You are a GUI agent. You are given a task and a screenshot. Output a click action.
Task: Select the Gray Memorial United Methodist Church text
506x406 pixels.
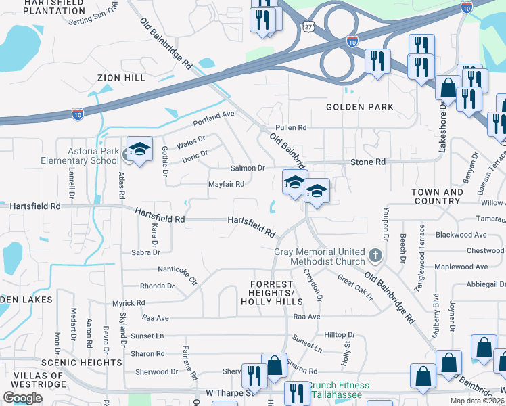(x=319, y=256)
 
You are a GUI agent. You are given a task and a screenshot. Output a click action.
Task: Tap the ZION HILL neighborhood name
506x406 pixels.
(x=121, y=78)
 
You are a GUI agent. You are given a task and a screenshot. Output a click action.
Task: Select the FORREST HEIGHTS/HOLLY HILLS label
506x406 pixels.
(x=272, y=292)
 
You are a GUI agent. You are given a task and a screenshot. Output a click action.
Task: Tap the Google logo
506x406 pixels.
(x=23, y=397)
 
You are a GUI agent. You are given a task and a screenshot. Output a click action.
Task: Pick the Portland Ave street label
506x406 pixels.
(x=213, y=114)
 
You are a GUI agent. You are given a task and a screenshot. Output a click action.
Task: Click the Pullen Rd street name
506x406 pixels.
(x=291, y=127)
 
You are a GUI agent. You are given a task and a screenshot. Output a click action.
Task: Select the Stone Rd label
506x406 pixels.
(x=367, y=162)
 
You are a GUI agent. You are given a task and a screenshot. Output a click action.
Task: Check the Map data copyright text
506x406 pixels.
(x=478, y=401)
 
